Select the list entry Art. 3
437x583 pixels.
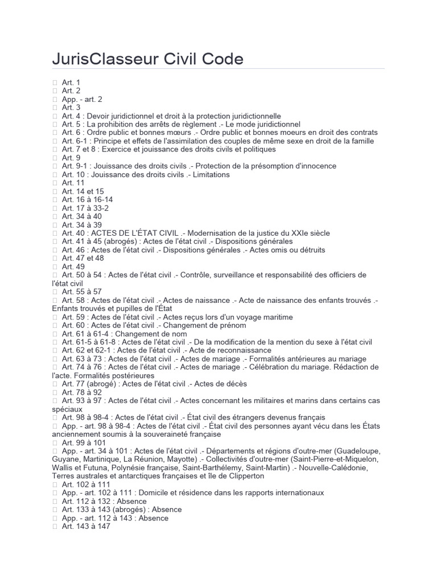(x=71, y=108)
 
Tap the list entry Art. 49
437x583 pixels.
(x=73, y=266)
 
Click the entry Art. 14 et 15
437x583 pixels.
(x=83, y=191)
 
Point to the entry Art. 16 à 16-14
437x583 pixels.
(x=87, y=200)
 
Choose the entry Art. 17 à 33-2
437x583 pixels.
(x=85, y=208)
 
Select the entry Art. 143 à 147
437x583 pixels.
(x=85, y=527)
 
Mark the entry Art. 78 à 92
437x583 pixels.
(x=82, y=392)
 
